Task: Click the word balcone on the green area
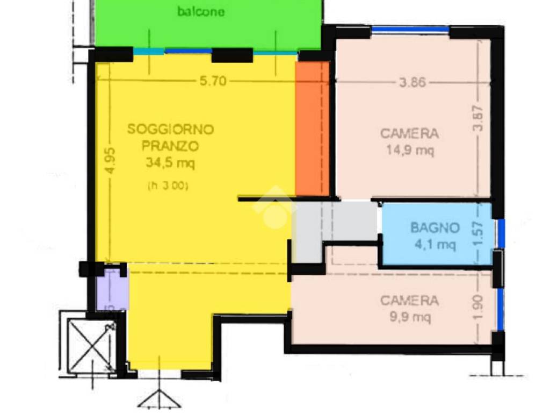(201, 12)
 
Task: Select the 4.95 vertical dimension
(110, 160)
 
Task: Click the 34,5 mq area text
(170, 162)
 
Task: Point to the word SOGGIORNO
(170, 130)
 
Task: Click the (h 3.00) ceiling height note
(168, 186)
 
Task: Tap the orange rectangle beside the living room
(313, 129)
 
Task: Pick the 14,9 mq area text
(410, 151)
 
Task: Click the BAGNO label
(435, 227)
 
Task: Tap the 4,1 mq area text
(435, 245)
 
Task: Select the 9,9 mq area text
(410, 318)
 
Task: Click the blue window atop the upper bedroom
(410, 30)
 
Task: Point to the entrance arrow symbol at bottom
(160, 398)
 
